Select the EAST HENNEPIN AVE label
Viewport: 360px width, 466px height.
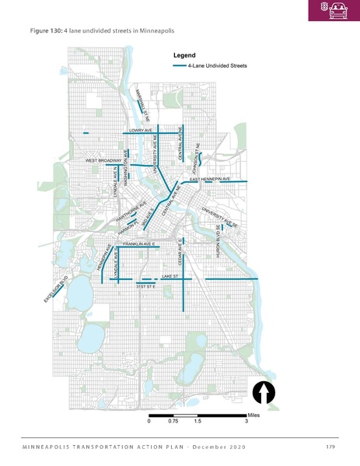pos(211,179)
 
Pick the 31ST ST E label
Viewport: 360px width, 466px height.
pos(146,287)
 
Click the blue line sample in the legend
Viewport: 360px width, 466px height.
pos(180,66)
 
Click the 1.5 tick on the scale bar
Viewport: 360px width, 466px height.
pos(197,421)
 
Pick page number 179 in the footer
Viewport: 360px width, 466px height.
pos(331,447)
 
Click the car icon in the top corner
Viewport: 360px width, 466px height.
pos(338,9)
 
